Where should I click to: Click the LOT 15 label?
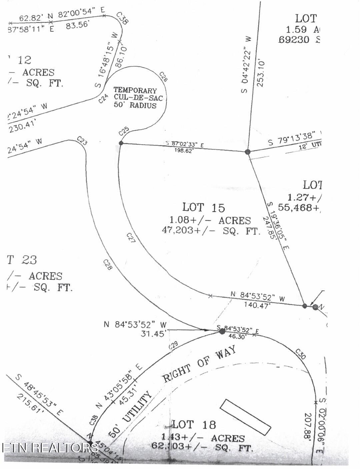(204, 207)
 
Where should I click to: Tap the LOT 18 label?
(194, 425)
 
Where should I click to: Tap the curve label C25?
(124, 132)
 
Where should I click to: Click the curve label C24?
(104, 99)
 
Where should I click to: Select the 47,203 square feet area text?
(211, 230)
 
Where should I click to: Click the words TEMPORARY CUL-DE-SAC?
(135, 94)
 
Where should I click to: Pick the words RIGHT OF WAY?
(199, 363)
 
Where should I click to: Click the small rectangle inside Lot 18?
(245, 417)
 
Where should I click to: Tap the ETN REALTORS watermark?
(50, 448)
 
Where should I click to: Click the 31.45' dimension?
(154, 333)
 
